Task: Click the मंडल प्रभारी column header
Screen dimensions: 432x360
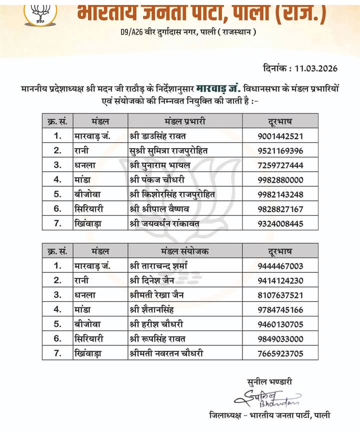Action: [x=185, y=121]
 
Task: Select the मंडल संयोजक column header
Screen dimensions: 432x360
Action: [x=185, y=251]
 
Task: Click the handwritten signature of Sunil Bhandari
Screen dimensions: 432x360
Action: [x=267, y=399]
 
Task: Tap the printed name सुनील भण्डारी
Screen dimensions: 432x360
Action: [x=269, y=382]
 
